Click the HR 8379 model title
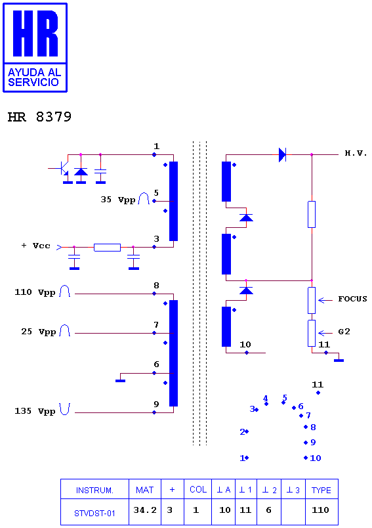pyautogui.click(x=39, y=117)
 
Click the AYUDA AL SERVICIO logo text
pyautogui.click(x=34, y=77)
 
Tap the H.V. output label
pyautogui.click(x=356, y=153)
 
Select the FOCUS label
pyautogui.click(x=352, y=299)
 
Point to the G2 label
pyautogui.click(x=344, y=332)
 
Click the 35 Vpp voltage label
pyautogui.click(x=118, y=200)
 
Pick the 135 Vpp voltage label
pyautogui.click(x=35, y=411)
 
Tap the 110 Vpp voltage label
pyautogui.click(x=35, y=292)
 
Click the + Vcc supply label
pyautogui.click(x=35, y=246)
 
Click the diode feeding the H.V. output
pyautogui.click(x=282, y=155)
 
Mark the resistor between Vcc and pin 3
pyautogui.click(x=108, y=248)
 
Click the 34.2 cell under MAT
pyautogui.click(x=145, y=510)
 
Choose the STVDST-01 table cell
pyautogui.click(x=94, y=514)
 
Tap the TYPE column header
pyautogui.click(x=321, y=490)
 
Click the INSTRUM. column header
pyautogui.click(x=94, y=491)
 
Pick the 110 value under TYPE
pyautogui.click(x=320, y=510)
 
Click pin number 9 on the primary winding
pyautogui.click(x=156, y=404)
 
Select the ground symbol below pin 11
pyautogui.click(x=339, y=361)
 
